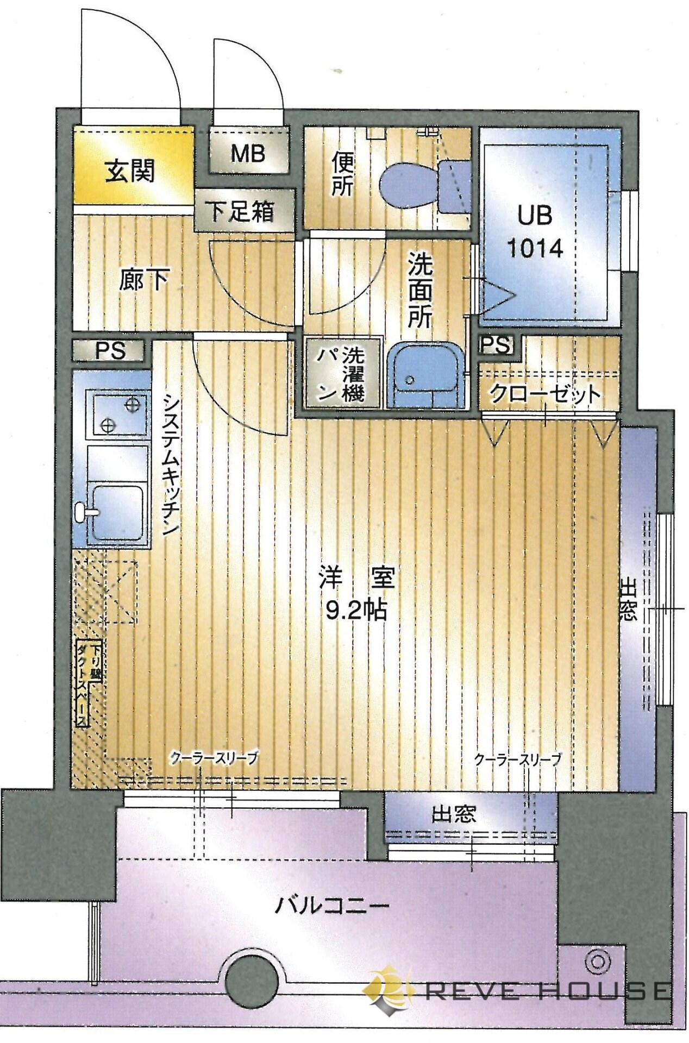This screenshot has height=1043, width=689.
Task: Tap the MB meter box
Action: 248,154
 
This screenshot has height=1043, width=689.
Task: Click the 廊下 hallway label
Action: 143,280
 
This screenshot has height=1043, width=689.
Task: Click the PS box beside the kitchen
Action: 110,351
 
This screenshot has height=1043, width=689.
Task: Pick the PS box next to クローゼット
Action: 496,344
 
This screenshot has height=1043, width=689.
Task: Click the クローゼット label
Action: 545,394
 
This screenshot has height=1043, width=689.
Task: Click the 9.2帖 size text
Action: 356,612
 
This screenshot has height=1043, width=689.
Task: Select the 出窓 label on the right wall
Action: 628,600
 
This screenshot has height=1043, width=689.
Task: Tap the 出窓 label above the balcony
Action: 454,814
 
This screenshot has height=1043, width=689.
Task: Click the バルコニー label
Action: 331,906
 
